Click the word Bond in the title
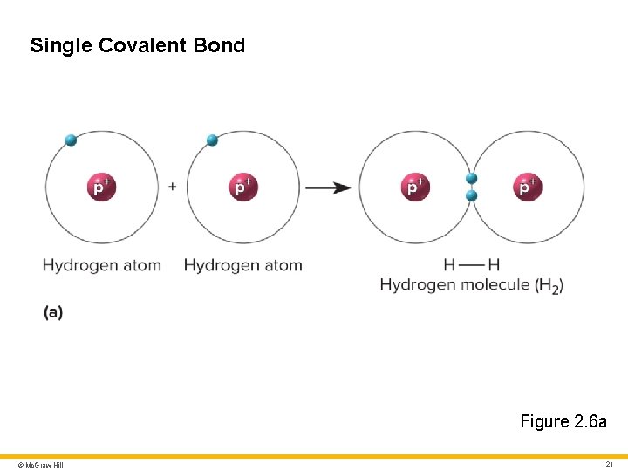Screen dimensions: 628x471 coord(222,45)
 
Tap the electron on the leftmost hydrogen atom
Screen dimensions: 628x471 coord(71,140)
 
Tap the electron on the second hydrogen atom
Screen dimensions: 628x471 coord(211,140)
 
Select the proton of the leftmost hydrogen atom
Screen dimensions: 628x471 coord(102,187)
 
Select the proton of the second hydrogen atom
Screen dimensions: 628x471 coord(243,187)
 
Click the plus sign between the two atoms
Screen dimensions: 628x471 coord(173,186)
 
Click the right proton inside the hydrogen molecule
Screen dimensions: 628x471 coord(528,187)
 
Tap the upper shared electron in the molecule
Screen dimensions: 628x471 coord(472,179)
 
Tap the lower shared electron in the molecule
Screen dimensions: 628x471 coord(472,195)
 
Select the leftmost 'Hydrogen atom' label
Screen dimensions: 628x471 coord(102,265)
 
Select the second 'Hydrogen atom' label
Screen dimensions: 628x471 coord(243,265)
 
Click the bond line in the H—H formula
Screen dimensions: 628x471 coord(472,265)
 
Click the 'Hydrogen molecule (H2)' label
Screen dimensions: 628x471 coord(472,285)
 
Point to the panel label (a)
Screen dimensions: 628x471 coord(53,311)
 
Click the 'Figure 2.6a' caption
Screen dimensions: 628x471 coord(563,421)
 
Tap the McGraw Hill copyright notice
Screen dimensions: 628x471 coord(35,465)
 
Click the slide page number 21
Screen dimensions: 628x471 coord(610,464)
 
